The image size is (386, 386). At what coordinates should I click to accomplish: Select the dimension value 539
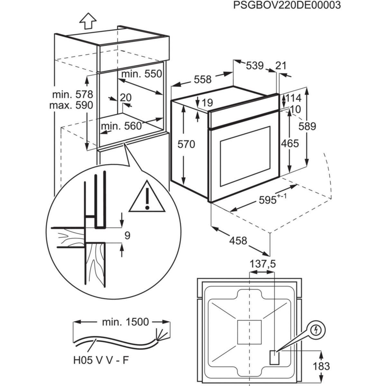point(255,66)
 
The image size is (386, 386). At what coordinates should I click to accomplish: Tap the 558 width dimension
point(202,79)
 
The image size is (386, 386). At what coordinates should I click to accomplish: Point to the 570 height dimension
point(187,144)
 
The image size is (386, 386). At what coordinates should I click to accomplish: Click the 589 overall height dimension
point(307,126)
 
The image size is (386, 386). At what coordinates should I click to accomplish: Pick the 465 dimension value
point(290,143)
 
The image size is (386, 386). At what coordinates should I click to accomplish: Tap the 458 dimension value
point(238,240)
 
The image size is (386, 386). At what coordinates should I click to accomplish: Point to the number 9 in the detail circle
point(127,236)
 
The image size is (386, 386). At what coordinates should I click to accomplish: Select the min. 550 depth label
point(141,74)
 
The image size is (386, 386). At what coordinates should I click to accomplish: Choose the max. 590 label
point(71,105)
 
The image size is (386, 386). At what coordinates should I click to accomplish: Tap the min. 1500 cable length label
point(121,321)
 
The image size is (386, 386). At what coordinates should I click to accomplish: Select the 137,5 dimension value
point(262,264)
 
